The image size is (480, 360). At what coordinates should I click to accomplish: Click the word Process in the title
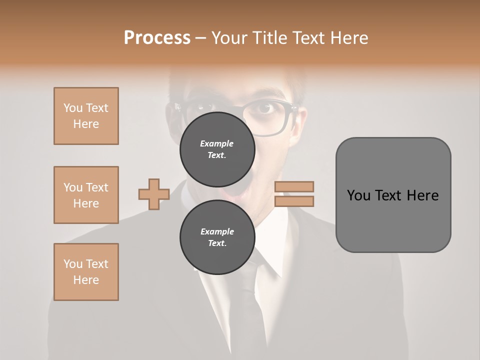coord(157,38)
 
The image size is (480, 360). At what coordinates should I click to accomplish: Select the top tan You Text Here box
coord(86,116)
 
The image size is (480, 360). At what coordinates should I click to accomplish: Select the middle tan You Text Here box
coord(86,195)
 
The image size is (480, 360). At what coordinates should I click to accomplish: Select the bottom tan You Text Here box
coord(86,272)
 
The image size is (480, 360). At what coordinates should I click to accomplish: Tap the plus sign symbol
coord(153,194)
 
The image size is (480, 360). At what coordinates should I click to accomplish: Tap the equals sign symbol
coord(294,194)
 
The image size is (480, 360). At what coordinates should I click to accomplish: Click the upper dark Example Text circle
coord(217,149)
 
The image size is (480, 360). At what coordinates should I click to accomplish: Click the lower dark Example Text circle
coord(217,237)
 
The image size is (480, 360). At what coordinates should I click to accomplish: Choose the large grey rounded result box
coord(393,194)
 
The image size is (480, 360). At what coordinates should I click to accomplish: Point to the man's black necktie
coord(247,300)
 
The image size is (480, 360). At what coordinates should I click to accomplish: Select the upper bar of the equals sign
coord(294,186)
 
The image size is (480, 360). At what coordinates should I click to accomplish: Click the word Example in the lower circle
coord(217,231)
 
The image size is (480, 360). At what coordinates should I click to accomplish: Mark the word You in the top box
coord(72,108)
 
